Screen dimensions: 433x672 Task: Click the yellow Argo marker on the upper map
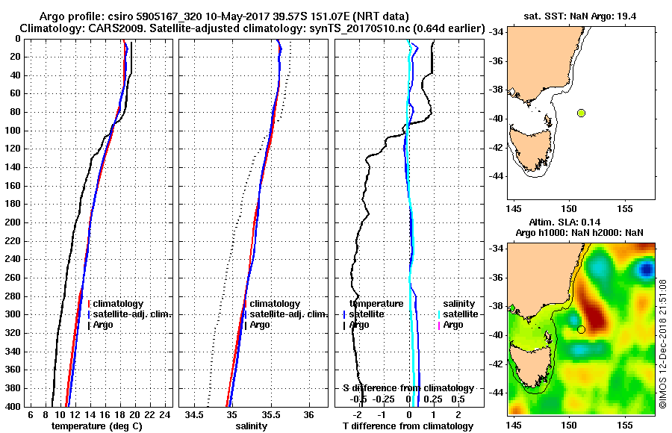[581, 113]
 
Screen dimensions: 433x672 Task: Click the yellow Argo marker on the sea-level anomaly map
[581, 329]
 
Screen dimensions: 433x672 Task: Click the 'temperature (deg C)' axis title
[97, 426]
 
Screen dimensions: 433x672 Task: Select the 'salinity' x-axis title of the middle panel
[250, 426]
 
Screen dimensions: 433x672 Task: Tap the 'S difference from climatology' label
[408, 388]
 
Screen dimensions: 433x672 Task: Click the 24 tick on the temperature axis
[166, 414]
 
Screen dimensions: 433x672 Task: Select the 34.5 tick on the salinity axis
[195, 414]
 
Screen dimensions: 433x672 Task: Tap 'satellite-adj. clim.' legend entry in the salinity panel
[284, 314]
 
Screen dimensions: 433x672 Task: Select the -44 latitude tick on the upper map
[496, 175]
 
